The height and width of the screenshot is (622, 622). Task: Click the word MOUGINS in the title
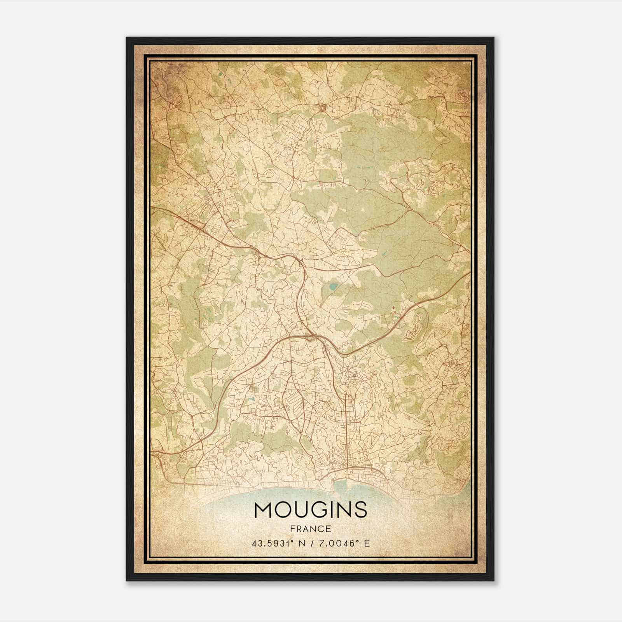pyautogui.click(x=310, y=510)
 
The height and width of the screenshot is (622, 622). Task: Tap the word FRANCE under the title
pyautogui.click(x=310, y=529)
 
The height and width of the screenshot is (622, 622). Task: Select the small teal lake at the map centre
pyautogui.click(x=333, y=288)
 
